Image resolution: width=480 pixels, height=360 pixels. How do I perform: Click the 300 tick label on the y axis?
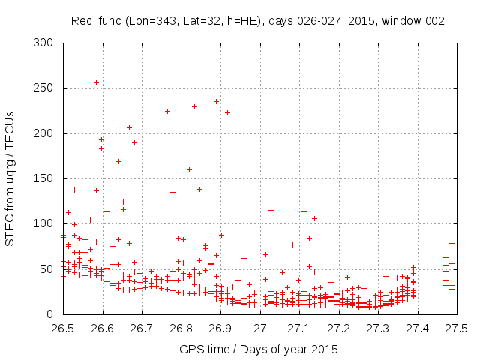[x=46, y=43]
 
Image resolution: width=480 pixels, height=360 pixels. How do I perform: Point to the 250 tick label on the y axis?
[x=46, y=88]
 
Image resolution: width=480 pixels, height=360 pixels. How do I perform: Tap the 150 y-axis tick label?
[x=46, y=178]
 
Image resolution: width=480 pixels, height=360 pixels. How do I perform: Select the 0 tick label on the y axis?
[x=52, y=313]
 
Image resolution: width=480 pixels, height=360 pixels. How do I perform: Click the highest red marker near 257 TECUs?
[x=96, y=82]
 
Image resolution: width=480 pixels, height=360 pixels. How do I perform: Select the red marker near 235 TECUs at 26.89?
[x=216, y=101]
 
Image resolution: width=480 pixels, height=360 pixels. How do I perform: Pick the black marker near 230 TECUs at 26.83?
[x=194, y=106]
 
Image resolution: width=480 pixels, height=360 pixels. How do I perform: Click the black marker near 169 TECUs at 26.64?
[x=118, y=161]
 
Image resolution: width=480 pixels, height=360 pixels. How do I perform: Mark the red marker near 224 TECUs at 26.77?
[x=168, y=111]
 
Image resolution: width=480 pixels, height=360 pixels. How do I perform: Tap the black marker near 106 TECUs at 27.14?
[x=314, y=218]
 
